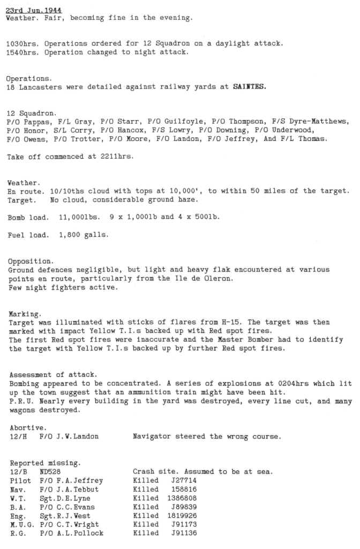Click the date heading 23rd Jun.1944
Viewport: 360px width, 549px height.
(x=30, y=10)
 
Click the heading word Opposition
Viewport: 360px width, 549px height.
(x=31, y=261)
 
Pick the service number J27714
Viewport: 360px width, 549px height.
(x=184, y=480)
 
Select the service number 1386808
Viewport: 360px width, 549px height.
(x=182, y=498)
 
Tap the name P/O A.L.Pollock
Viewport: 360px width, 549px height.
(x=71, y=533)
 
